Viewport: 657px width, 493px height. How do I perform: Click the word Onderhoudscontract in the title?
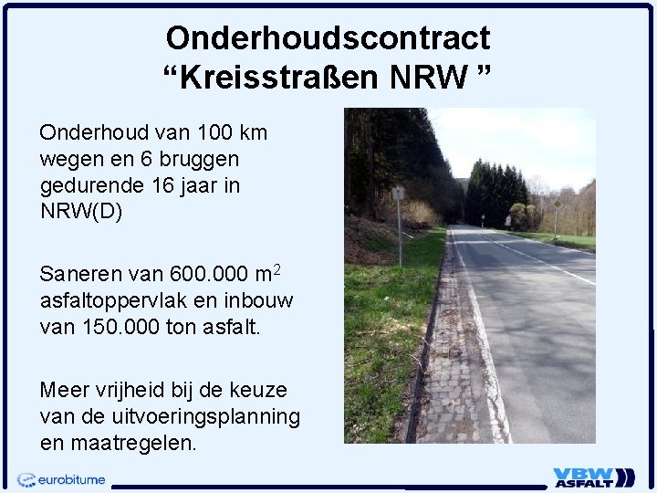pyautogui.click(x=328, y=37)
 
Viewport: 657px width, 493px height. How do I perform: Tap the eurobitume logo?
pyautogui.click(x=62, y=478)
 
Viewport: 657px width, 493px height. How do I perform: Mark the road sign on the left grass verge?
pyautogui.click(x=398, y=194)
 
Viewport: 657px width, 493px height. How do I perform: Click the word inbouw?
pyautogui.click(x=262, y=300)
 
